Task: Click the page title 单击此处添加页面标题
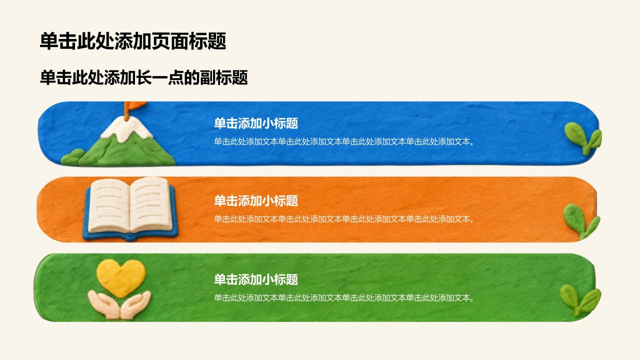(x=133, y=41)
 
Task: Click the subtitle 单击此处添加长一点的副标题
(x=143, y=77)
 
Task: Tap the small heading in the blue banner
(x=256, y=123)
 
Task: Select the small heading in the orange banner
(x=256, y=201)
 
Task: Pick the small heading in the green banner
(x=256, y=279)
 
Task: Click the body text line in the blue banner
(x=344, y=141)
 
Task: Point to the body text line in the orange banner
(x=344, y=219)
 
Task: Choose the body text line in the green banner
(x=344, y=297)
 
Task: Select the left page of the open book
(x=109, y=205)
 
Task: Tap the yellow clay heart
(x=121, y=277)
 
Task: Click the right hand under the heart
(x=136, y=304)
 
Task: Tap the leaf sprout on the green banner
(x=580, y=300)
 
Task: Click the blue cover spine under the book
(x=130, y=236)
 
